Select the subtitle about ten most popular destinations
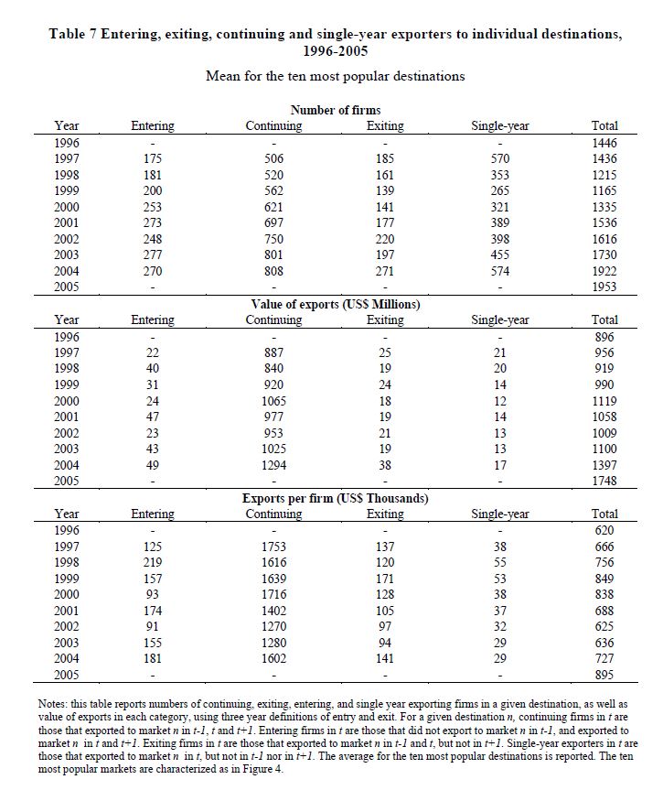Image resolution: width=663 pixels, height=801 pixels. click(x=335, y=76)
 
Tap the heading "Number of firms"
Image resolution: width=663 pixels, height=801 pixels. click(x=336, y=111)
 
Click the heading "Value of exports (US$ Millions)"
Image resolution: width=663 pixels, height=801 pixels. click(x=336, y=304)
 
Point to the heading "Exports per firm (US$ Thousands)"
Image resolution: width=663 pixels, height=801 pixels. click(x=336, y=499)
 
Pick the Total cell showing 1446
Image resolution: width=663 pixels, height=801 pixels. click(x=604, y=143)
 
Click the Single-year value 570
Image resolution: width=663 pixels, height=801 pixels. click(x=499, y=158)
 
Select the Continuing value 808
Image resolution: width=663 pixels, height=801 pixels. click(x=273, y=271)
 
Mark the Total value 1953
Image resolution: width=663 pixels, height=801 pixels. click(x=604, y=287)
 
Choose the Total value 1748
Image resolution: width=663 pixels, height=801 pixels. click(x=604, y=481)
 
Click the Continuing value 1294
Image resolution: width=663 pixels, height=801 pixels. click(x=273, y=465)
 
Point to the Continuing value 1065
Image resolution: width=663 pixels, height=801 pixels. click(x=273, y=401)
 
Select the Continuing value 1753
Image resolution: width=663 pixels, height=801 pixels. click(x=273, y=547)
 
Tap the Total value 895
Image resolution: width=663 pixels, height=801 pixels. click(x=604, y=676)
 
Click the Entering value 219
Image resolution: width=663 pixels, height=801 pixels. click(x=153, y=562)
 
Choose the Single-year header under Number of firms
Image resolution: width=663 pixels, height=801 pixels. click(x=499, y=126)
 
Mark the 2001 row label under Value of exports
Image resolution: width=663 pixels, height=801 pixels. click(x=67, y=417)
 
